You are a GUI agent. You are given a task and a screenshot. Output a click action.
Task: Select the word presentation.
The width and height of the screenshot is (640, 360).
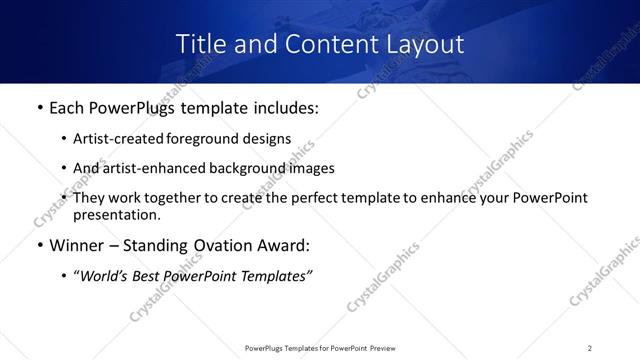[116, 214]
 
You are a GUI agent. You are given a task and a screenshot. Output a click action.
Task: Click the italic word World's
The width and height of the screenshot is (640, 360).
[102, 276]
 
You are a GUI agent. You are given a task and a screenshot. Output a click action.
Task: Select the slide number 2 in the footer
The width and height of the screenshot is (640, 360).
[590, 347]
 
